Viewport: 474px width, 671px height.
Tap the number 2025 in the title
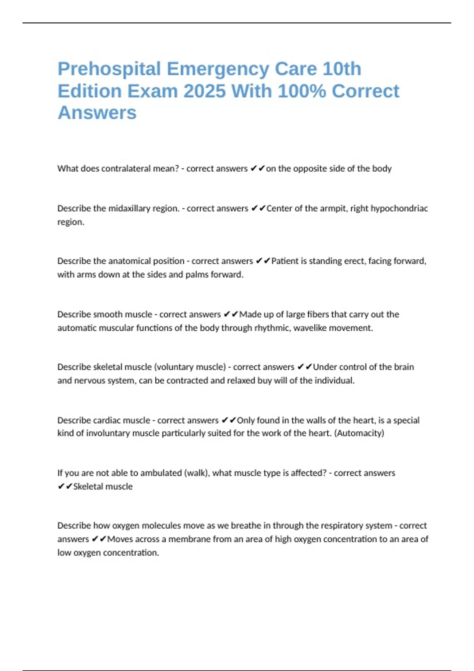pos(205,92)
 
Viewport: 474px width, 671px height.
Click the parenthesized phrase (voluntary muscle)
pos(190,367)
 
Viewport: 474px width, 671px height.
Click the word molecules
pos(163,526)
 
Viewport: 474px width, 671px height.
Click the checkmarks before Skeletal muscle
pos(65,486)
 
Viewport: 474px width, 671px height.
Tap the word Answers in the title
pos(97,113)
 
